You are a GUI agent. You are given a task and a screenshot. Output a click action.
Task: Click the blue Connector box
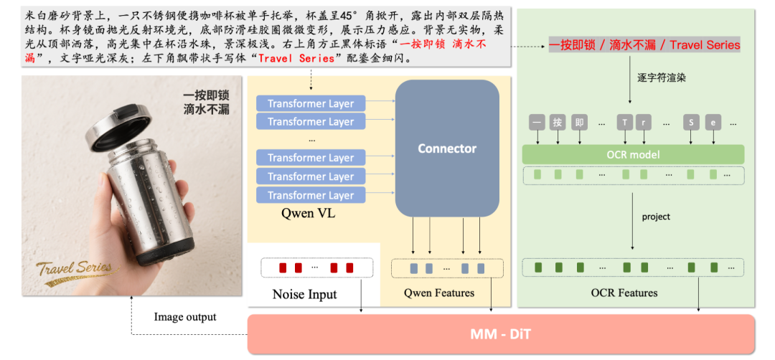(x=446, y=148)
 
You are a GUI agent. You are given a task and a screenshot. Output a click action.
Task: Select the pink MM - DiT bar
(x=500, y=333)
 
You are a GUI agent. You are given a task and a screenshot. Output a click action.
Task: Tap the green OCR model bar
(x=634, y=154)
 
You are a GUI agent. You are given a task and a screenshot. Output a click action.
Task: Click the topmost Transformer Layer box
(x=311, y=103)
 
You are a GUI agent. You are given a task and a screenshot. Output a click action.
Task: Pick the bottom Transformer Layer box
(x=311, y=195)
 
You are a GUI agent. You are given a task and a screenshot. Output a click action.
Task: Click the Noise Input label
(x=304, y=294)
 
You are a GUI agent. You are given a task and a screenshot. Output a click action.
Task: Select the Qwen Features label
(x=438, y=293)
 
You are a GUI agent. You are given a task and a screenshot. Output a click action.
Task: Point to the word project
(x=656, y=216)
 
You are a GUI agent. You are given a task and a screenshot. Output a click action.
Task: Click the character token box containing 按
(x=558, y=122)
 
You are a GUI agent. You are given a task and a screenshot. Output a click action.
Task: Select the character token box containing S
(x=690, y=122)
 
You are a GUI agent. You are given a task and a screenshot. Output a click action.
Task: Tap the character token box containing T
(x=625, y=122)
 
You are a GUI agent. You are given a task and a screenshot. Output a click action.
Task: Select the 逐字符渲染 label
(x=661, y=77)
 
